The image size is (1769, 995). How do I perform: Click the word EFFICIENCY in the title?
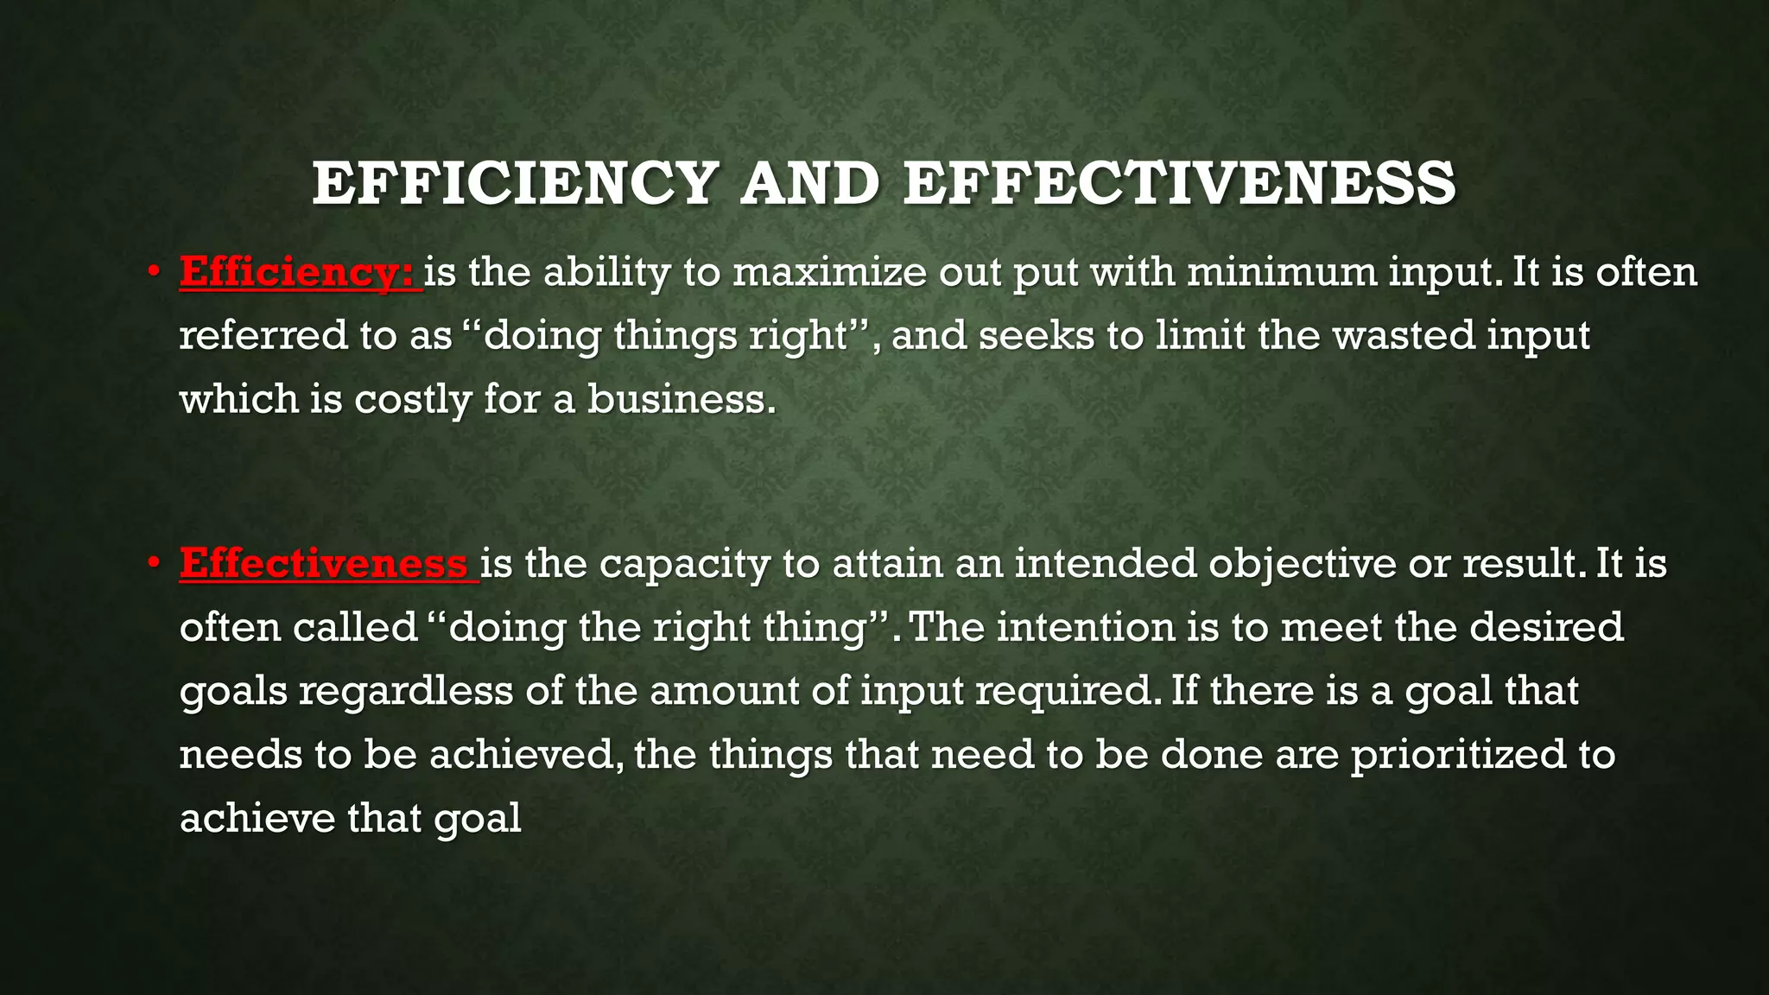pos(515,183)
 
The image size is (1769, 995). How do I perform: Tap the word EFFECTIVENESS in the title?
pos(1179,183)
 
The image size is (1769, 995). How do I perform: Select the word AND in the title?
pos(809,183)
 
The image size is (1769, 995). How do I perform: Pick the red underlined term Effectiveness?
pos(324,563)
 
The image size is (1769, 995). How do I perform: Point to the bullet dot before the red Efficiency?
pos(154,271)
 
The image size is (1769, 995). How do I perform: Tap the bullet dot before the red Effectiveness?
pos(154,563)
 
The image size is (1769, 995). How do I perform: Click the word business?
pos(682,399)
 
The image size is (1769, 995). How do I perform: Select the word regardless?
pos(405,691)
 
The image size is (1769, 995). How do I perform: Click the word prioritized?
pos(1458,755)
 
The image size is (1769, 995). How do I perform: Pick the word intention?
pos(1085,627)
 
